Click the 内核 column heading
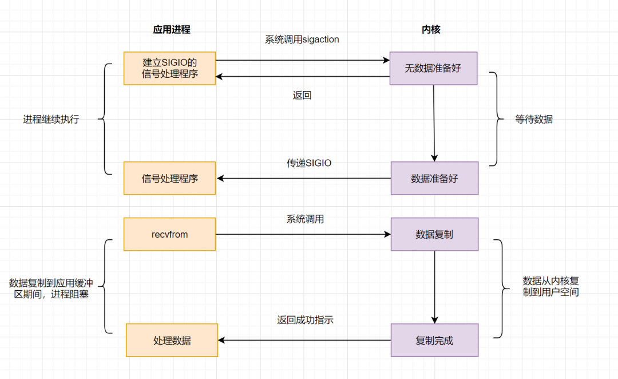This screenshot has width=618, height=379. pos(431,30)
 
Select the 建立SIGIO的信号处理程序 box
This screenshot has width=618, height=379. pos(170,68)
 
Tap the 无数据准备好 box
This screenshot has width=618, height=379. pos(433,68)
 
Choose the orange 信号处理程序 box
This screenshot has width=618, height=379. pos(170,178)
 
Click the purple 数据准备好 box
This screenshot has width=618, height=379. pos(434,178)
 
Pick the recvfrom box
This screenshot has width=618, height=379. pos(170,234)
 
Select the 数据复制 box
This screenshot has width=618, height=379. pos(434,234)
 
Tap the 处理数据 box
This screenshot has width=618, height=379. pos(172,340)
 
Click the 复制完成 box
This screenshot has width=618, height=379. pos(434,340)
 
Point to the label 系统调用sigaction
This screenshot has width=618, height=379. pos(302,40)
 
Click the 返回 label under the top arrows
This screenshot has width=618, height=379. pos(302,96)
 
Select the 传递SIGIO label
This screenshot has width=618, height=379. pos(309,163)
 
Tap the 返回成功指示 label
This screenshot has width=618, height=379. pos(305,321)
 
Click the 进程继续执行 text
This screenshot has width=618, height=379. pos(51,120)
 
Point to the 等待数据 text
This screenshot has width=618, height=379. pos(534,120)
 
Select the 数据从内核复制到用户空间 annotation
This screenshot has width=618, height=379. pos(550,286)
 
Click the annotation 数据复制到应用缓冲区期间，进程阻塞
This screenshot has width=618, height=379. pos(51,289)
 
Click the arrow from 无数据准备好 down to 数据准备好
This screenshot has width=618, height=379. pos(434,123)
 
